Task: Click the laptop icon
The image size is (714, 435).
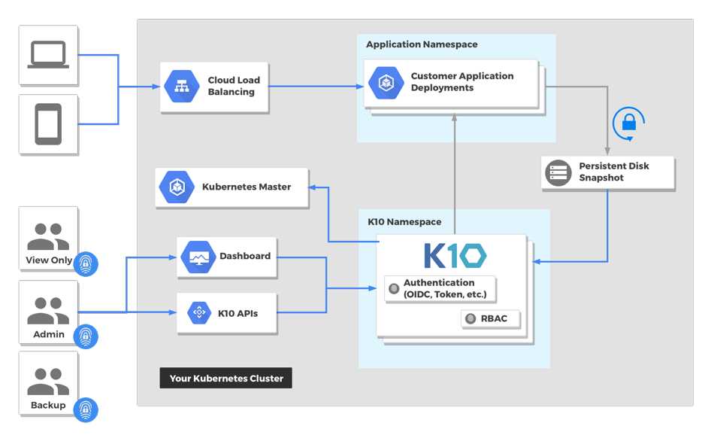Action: [x=48, y=55]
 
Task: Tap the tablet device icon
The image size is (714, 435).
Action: [x=48, y=124]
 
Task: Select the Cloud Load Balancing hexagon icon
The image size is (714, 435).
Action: [x=182, y=87]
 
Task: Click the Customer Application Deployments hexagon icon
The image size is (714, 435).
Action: [x=386, y=83]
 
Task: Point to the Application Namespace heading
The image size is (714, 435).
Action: [x=422, y=44]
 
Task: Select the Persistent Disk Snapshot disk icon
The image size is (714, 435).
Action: [x=558, y=173]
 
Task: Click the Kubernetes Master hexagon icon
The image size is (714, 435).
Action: [x=177, y=187]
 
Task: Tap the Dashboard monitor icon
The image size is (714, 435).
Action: [x=198, y=257]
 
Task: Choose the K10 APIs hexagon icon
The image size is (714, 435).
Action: [x=199, y=313]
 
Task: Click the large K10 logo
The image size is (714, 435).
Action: [x=455, y=255]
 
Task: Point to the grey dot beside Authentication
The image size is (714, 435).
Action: [x=394, y=289]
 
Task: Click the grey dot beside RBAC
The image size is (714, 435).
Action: [x=470, y=319]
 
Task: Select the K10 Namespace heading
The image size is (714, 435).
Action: [x=404, y=221]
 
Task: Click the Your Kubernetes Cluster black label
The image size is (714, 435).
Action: [x=226, y=378]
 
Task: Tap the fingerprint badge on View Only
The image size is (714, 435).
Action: [x=86, y=263]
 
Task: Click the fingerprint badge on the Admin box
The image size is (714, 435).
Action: [x=86, y=336]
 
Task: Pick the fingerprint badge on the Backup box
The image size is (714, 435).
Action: [x=86, y=410]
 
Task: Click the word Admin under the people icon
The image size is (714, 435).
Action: [x=49, y=334]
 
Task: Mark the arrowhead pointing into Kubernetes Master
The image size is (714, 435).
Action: [x=312, y=187]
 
